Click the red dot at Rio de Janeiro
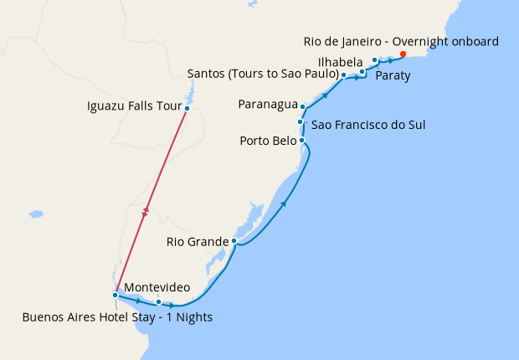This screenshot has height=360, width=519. coord(403,54)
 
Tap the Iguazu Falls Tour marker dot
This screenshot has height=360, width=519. coord(188,108)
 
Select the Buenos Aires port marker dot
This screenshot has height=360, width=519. coord(115,295)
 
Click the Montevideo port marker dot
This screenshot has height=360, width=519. coord(170,302)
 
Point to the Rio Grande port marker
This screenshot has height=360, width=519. coord(235,241)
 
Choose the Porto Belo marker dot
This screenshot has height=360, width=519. coord(301,141)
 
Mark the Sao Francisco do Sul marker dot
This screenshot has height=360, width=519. coord(300,122)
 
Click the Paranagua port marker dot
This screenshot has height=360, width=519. coord(302,108)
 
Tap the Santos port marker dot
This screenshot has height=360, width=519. coord(344,75)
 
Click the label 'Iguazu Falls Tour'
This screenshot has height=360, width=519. coord(134,106)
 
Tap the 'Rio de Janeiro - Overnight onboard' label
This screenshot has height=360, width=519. coord(400,42)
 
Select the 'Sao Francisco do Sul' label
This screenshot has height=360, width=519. coord(368,126)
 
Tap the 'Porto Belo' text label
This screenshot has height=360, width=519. coord(267,141)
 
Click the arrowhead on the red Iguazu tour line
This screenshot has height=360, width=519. coord(147,212)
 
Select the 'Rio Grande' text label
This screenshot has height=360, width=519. coord(197,243)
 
